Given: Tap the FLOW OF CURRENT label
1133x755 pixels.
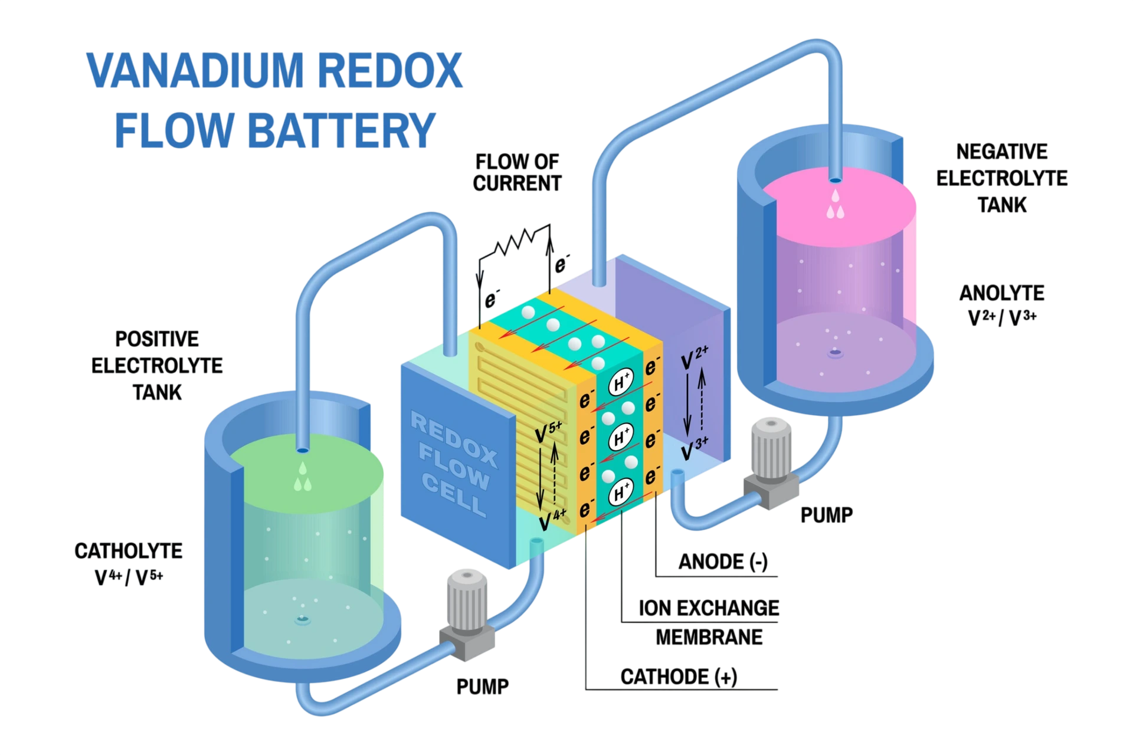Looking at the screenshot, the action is click(x=517, y=172).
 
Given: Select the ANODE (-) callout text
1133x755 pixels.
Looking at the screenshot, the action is click(x=723, y=562).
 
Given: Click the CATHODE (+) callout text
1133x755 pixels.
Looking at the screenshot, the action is click(x=679, y=677).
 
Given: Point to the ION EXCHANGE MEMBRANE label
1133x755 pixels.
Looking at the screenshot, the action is click(x=709, y=622).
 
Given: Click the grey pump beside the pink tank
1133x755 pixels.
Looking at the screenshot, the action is click(x=771, y=462).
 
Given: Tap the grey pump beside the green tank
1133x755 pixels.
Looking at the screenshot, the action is click(x=467, y=615).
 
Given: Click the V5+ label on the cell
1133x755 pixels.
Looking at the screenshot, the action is click(x=548, y=432).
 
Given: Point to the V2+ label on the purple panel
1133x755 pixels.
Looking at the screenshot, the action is click(x=695, y=357).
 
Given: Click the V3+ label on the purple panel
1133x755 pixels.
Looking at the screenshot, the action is click(x=695, y=449).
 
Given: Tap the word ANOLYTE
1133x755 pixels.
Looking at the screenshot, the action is click(x=1001, y=293).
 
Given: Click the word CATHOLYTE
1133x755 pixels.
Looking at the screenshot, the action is click(x=128, y=551).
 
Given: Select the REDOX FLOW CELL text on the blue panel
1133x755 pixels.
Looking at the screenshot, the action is click(x=454, y=464).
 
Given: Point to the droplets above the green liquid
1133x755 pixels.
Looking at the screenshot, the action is click(x=303, y=477).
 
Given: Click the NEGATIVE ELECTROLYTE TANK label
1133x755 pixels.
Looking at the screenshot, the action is click(x=1001, y=178).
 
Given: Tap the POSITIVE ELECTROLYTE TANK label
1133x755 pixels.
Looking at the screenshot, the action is click(x=157, y=366).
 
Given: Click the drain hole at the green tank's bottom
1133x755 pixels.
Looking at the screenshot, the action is click(x=303, y=620).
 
